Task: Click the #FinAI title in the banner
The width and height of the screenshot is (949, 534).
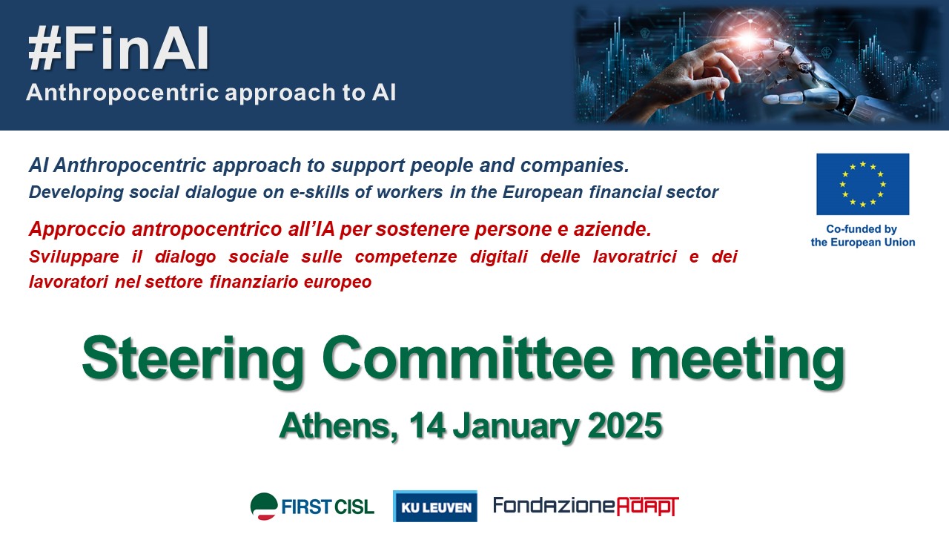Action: pyautogui.click(x=119, y=49)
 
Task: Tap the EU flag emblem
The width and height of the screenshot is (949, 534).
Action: pyautogui.click(x=862, y=184)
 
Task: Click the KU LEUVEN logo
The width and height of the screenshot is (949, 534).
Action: pyautogui.click(x=435, y=506)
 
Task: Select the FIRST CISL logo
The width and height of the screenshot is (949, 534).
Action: pyautogui.click(x=312, y=506)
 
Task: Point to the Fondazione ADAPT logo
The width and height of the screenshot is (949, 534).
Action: pyautogui.click(x=586, y=506)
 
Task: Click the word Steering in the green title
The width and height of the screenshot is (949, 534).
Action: pyautogui.click(x=194, y=360)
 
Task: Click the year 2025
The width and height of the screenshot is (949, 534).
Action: pyautogui.click(x=625, y=425)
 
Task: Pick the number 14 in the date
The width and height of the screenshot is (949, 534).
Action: pyautogui.click(x=428, y=425)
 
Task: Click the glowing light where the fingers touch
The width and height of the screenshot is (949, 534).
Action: pyautogui.click(x=749, y=39)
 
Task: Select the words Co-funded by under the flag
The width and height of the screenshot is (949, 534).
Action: pyautogui.click(x=862, y=229)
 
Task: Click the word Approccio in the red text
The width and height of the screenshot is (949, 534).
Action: pyautogui.click(x=78, y=230)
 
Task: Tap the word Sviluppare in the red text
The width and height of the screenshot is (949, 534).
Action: pyautogui.click(x=73, y=257)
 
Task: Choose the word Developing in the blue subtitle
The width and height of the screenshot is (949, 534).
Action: pyautogui.click(x=76, y=193)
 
